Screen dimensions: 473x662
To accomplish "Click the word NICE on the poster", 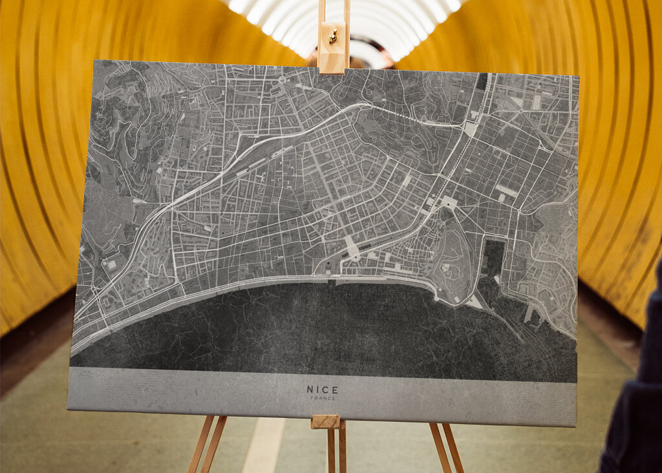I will coord(322,390).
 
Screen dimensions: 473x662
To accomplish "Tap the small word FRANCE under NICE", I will coord(322,398).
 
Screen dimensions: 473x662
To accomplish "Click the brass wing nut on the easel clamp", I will coord(333,37).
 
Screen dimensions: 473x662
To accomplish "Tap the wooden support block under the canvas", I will coord(325,422).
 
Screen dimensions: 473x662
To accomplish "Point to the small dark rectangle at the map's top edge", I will coord(482,81).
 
